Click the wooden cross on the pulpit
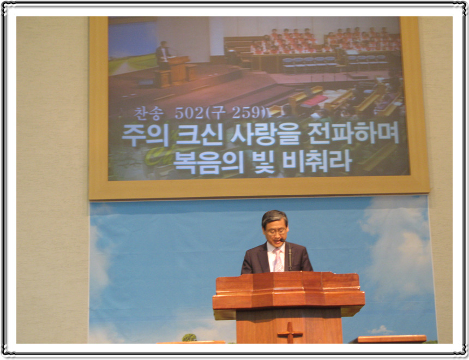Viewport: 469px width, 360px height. click(x=290, y=333)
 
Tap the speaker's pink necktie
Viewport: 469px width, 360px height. click(x=279, y=261)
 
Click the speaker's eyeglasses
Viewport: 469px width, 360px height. click(x=276, y=231)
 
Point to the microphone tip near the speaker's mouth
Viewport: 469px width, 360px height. click(x=282, y=240)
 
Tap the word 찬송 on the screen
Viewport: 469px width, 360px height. click(x=149, y=113)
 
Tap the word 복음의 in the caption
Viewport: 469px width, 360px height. click(x=209, y=163)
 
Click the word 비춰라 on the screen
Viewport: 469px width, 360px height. click(x=317, y=161)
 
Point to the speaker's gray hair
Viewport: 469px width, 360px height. click(x=274, y=218)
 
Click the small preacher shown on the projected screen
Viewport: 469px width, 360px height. click(x=163, y=55)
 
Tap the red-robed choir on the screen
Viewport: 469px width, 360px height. click(x=324, y=41)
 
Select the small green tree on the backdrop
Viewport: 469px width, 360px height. click(x=189, y=338)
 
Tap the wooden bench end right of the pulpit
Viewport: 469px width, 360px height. click(x=388, y=339)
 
